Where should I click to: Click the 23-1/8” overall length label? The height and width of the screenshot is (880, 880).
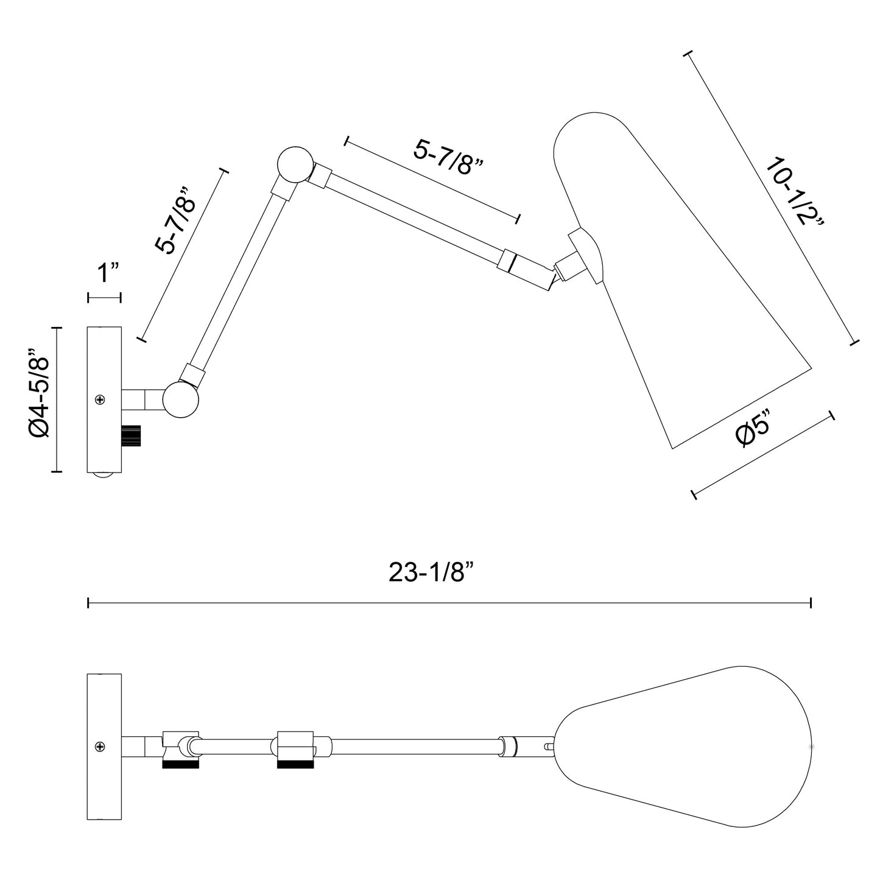tap(431, 572)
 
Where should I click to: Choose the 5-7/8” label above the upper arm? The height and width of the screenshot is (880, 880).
tap(449, 157)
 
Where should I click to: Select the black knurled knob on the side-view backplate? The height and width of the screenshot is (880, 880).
tap(132, 436)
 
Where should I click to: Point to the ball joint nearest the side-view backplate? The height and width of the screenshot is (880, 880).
tap(180, 400)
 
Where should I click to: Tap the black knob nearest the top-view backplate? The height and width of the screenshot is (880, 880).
tap(180, 764)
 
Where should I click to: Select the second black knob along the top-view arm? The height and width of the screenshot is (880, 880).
tap(295, 764)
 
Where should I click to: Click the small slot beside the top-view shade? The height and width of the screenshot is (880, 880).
tap(549, 746)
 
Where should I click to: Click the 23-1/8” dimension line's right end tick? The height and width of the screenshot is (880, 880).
tap(811, 603)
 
